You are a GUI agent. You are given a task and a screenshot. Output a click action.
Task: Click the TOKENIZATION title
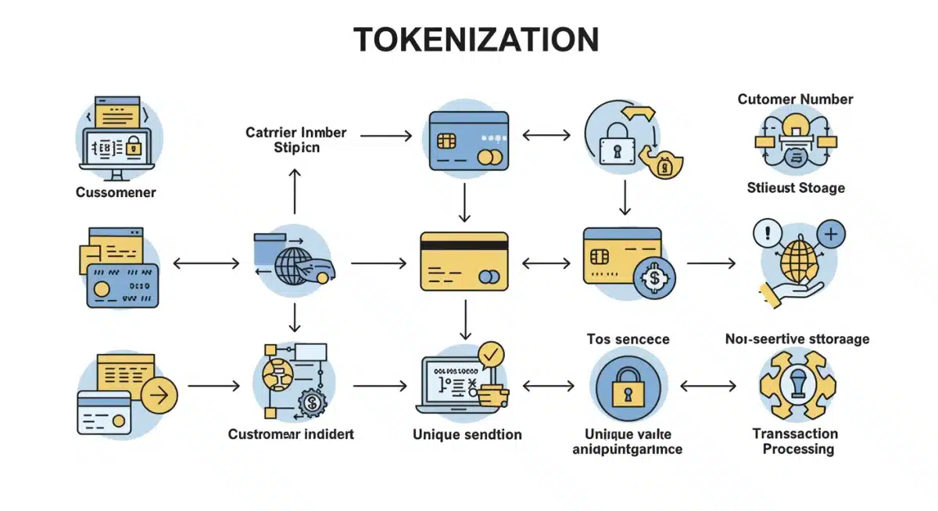476,40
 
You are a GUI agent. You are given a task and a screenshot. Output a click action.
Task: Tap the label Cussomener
116,191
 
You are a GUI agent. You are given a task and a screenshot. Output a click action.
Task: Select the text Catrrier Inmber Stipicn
295,140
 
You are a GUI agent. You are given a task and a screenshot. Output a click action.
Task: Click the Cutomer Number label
795,99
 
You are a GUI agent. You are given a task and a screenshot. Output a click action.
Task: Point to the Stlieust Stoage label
795,188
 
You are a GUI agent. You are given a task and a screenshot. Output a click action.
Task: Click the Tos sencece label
628,338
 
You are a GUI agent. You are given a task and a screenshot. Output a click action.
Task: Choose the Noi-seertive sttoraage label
797,338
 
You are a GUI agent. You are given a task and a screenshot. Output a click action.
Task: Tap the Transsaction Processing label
795,441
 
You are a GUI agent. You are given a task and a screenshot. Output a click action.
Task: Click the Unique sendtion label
467,434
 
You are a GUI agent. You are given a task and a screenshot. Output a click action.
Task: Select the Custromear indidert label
291,434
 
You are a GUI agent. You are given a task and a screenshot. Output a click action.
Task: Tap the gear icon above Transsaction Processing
797,386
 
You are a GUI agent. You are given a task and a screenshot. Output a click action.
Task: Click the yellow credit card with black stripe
464,261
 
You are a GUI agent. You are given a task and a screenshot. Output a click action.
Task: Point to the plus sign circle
831,233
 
